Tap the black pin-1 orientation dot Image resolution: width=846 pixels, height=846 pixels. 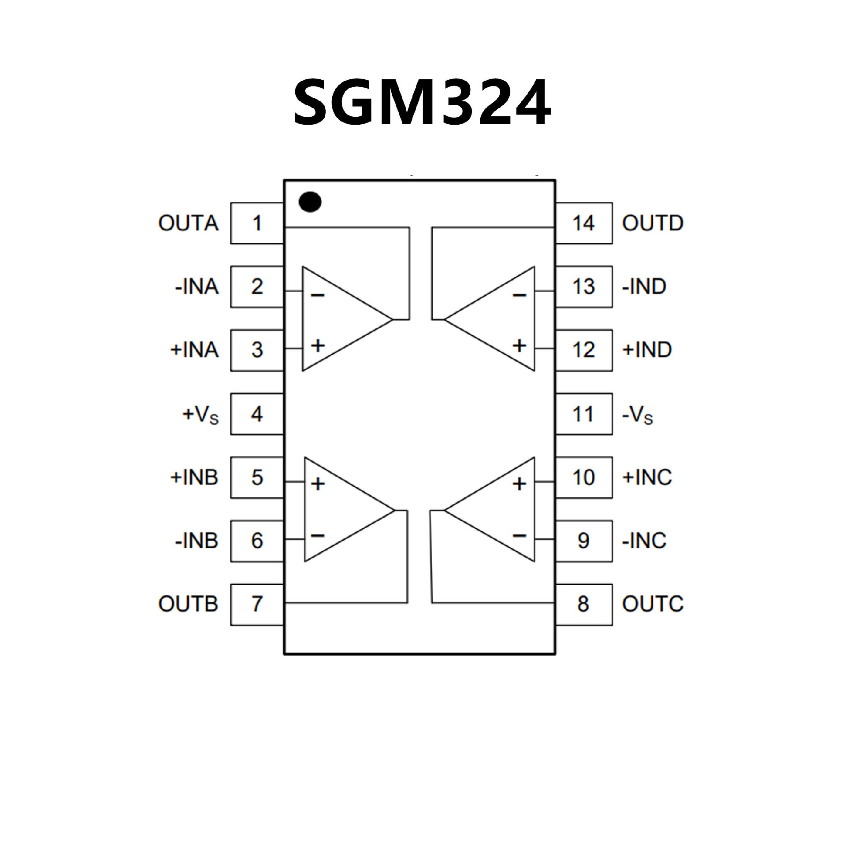310,202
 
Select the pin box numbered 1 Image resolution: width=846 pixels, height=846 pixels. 257,223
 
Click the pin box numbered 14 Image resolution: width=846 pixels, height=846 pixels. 583,223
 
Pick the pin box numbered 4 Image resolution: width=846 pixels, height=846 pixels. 257,414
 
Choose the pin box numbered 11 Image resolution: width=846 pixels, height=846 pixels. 583,414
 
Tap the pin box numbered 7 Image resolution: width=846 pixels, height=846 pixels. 257,604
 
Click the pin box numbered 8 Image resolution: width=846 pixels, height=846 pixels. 583,604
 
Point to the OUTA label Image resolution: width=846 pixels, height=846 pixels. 188,223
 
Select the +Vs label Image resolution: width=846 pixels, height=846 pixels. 200,415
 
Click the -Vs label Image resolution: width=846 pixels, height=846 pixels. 637,415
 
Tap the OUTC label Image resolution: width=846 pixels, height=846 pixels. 653,604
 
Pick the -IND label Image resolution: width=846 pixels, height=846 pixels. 644,287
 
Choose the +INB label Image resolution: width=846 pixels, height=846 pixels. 194,478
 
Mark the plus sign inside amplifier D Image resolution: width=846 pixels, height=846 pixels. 519,345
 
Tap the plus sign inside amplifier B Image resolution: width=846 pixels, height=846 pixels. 318,484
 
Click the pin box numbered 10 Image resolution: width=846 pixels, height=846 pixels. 583,478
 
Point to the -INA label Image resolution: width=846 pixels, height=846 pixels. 197,287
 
